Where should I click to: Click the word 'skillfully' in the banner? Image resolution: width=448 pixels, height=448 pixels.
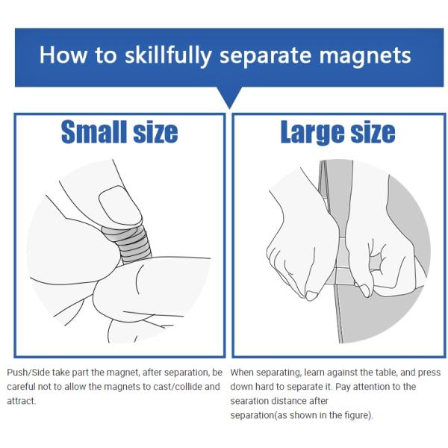[x=168, y=55]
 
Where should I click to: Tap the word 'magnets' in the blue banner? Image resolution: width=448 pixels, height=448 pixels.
[x=365, y=55]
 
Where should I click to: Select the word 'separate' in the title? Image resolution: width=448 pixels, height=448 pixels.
[x=265, y=56]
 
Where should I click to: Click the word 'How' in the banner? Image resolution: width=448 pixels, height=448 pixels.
[x=63, y=55]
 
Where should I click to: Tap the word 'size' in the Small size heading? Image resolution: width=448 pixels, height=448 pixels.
[x=156, y=132]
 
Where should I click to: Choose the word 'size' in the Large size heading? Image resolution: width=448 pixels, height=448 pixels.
[x=373, y=132]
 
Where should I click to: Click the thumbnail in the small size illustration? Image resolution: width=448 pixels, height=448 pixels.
[x=120, y=205]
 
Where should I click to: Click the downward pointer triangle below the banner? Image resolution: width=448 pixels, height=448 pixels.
[x=229, y=98]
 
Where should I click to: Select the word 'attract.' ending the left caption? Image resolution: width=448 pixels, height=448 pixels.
[x=22, y=401]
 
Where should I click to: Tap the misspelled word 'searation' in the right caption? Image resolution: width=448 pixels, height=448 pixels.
[x=249, y=401]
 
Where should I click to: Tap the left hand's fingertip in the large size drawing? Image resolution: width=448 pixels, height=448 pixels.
[x=311, y=296]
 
